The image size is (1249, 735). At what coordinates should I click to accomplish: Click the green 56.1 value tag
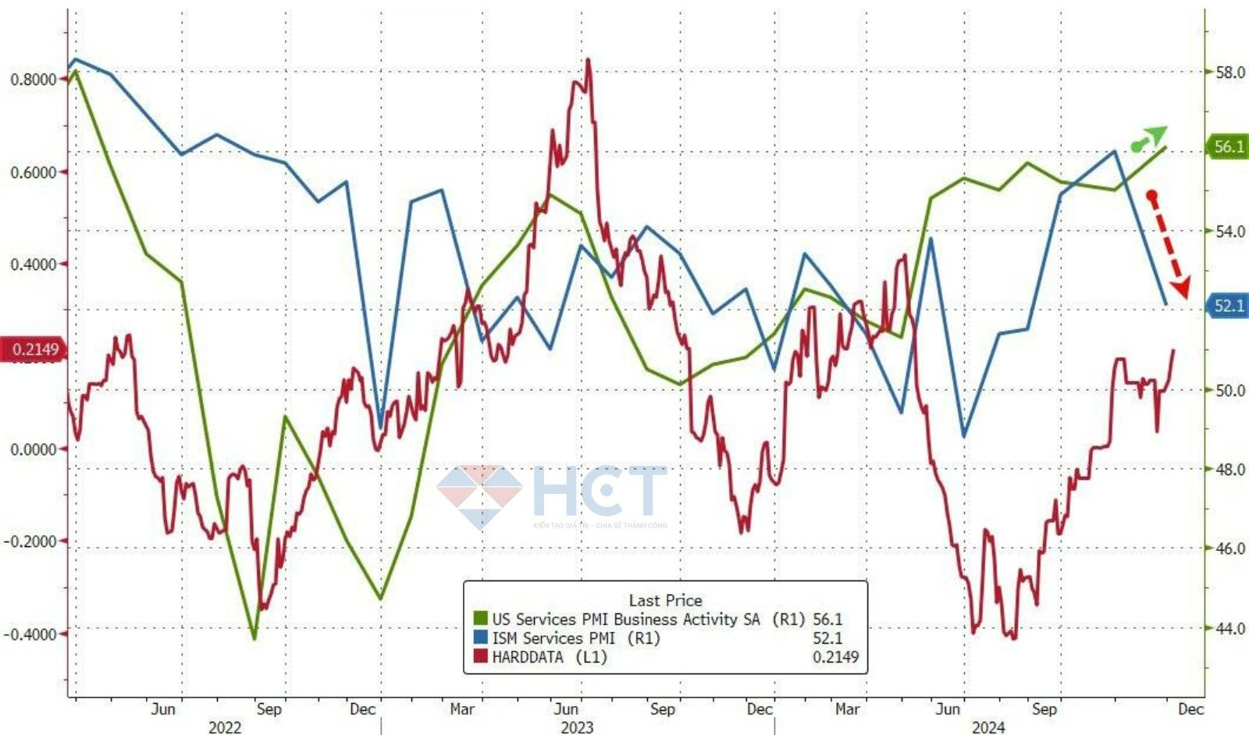(1228, 147)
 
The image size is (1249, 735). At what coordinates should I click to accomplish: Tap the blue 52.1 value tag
(1228, 306)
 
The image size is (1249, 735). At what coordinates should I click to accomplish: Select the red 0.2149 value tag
(34, 350)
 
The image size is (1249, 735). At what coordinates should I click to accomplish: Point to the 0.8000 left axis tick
(33, 80)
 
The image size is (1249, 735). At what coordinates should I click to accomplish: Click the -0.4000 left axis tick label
(31, 634)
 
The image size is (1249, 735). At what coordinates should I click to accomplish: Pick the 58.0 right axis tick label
(1230, 73)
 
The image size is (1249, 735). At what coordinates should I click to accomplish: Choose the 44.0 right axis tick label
(1230, 628)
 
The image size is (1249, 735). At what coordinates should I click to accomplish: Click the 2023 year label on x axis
(577, 727)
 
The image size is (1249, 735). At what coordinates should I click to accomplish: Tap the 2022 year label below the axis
(225, 727)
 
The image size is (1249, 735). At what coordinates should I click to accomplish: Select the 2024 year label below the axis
(988, 727)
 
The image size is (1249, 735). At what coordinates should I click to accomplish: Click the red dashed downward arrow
(1168, 244)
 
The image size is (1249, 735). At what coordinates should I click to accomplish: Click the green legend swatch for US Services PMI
(481, 620)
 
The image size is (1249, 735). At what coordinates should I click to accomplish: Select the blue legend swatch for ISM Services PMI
(481, 638)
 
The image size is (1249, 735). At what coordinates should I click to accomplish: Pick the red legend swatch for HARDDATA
(481, 657)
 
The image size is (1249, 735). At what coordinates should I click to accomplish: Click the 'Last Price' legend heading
(665, 600)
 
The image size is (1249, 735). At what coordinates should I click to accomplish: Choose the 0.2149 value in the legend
(835, 657)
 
